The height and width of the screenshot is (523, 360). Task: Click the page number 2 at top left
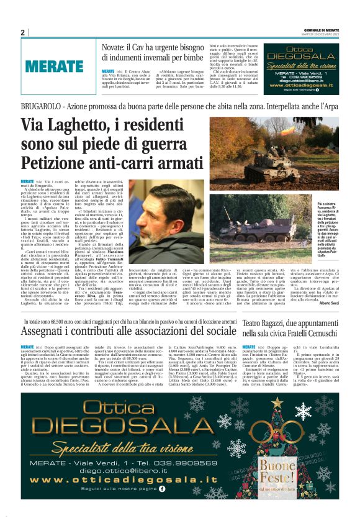tap(22, 32)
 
